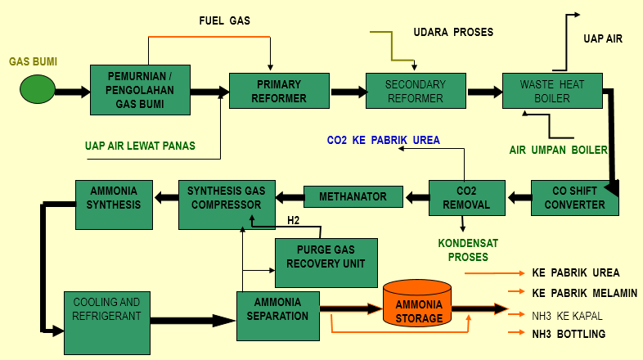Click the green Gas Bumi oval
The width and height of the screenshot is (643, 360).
pos(38,89)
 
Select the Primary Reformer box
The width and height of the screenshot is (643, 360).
pos(279,91)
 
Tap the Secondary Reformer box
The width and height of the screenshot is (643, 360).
pos(415,91)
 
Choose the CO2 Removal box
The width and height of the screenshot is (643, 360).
pos(461,198)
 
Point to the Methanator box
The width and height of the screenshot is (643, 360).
pos(353,196)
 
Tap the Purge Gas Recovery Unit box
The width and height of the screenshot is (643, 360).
pos(326,258)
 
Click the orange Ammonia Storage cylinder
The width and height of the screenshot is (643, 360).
pos(418,304)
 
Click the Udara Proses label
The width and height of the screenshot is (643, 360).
pos(453,32)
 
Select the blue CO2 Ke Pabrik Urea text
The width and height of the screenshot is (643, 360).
pos(383,140)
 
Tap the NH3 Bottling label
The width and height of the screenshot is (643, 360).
pos(568,333)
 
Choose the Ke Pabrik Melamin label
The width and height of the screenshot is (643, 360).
pos(583,292)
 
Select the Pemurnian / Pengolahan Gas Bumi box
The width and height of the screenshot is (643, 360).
pos(140,90)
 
